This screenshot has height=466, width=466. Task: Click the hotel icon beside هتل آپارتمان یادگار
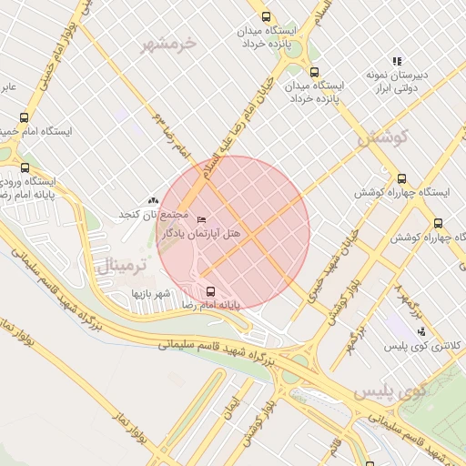pos(202,219)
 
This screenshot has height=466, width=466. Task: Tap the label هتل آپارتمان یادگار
pos(201,234)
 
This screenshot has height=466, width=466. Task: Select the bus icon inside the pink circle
pos(211,291)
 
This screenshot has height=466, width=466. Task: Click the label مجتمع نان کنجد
pos(152,214)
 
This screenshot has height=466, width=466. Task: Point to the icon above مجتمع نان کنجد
pos(153,199)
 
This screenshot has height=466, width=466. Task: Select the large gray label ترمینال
pos(120,266)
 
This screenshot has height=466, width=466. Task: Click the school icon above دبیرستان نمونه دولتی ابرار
pos(397,61)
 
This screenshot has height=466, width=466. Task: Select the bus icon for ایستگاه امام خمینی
pos(24,117)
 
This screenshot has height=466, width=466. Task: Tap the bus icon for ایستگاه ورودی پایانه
pos(24,168)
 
